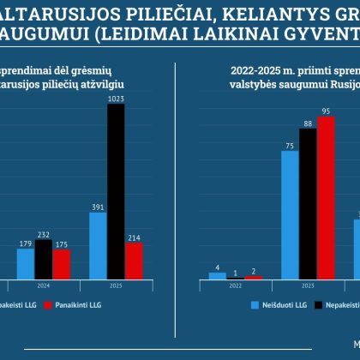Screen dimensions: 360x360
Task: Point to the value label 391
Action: [x=98, y=206]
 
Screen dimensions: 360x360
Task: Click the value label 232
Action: [x=44, y=233]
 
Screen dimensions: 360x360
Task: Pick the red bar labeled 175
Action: [x=61, y=264]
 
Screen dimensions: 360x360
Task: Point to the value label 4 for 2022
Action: [x=219, y=267]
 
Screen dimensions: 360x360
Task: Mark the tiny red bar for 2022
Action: [x=254, y=277]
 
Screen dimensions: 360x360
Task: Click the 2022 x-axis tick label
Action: [x=236, y=287]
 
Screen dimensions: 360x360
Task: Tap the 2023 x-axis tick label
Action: [x=308, y=287]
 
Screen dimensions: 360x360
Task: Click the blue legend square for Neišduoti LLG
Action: [x=255, y=304]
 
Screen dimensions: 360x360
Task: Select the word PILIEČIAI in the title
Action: [x=125, y=12]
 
